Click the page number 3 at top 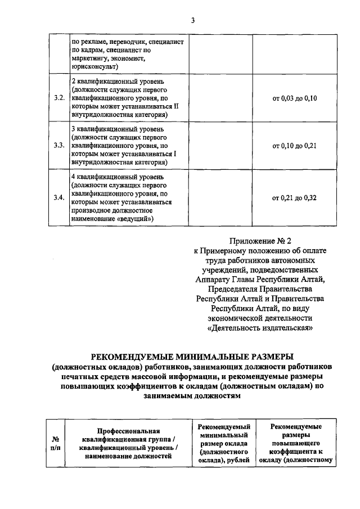coord(192,21)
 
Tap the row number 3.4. coord(58,197)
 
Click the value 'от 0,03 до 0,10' coord(295,98)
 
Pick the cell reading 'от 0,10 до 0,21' coord(295,146)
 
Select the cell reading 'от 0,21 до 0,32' coord(295,197)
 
